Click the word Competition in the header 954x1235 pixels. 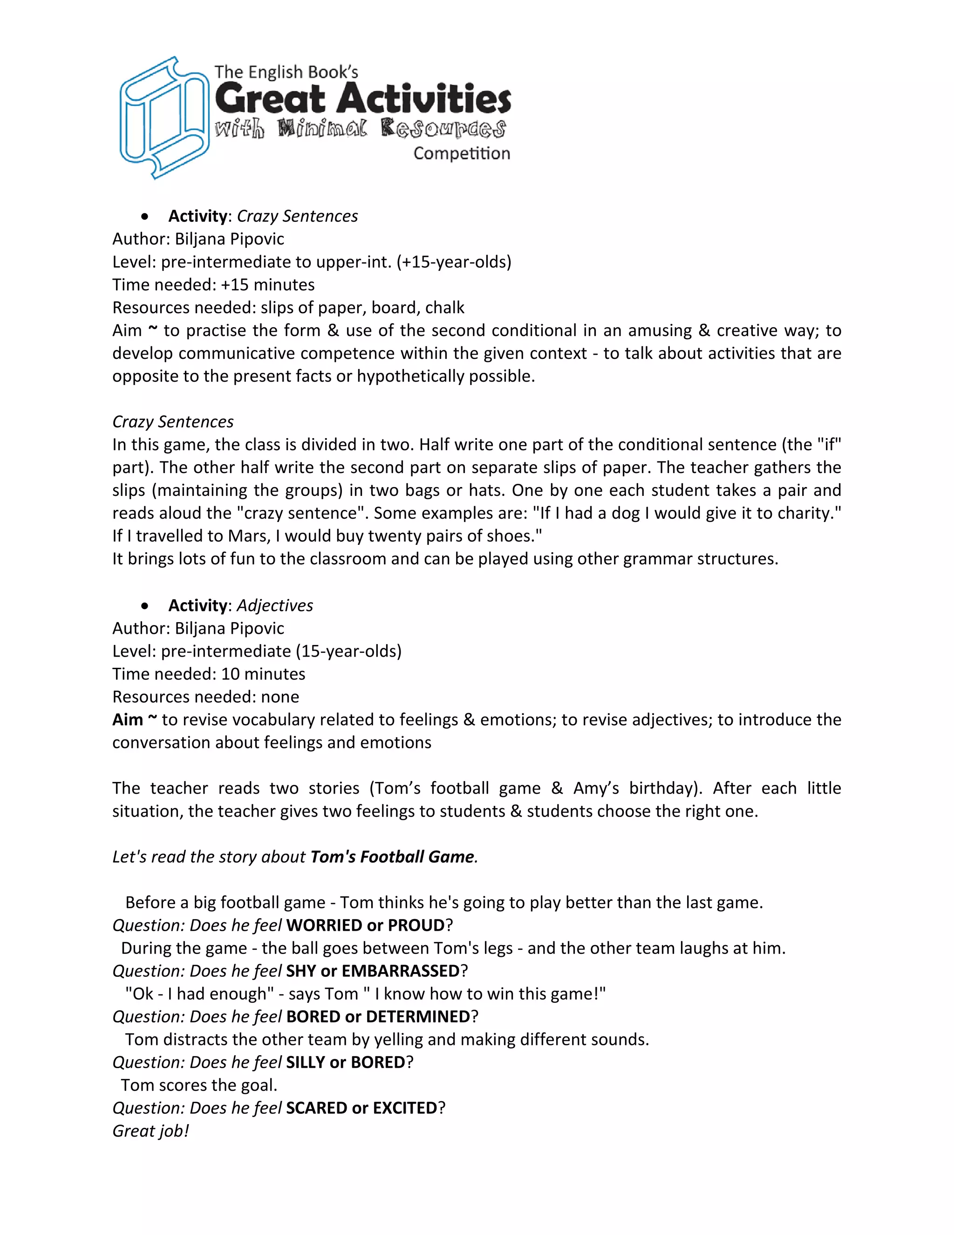click(462, 154)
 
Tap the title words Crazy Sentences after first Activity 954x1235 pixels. click(297, 216)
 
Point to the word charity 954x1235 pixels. click(809, 513)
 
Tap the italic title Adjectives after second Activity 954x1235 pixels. click(275, 606)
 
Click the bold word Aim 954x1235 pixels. click(128, 720)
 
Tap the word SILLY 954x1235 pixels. click(305, 1062)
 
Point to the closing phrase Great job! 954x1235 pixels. click(150, 1131)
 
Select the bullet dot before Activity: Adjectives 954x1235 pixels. click(146, 606)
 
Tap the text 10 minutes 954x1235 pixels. click(263, 674)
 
